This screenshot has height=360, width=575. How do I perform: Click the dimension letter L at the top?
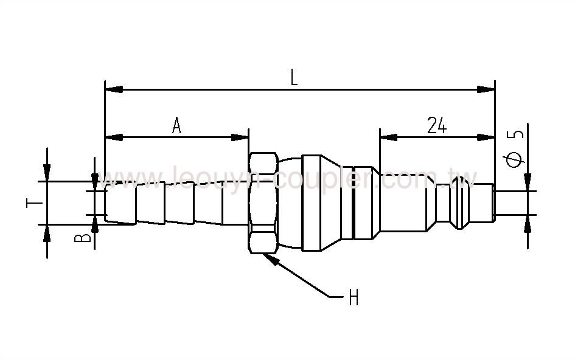pos(294,77)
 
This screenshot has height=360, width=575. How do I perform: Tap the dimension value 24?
pos(437,125)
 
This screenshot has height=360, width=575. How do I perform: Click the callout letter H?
pos(354,298)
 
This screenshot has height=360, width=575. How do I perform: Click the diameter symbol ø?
pos(515,159)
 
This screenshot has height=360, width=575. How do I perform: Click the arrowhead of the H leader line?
pos(271,258)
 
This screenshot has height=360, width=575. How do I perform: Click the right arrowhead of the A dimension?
pos(240,138)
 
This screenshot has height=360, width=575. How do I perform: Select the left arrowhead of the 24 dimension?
pos(389,138)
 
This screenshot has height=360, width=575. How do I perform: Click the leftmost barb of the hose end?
pos(120,203)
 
